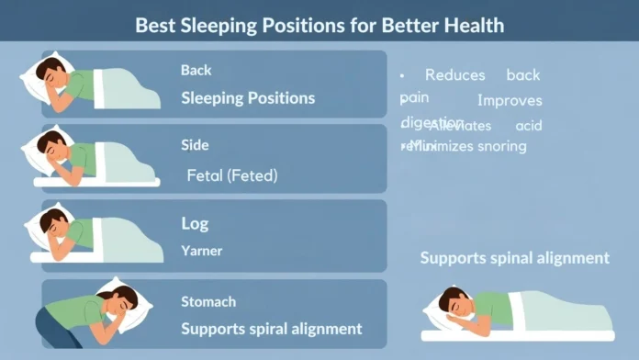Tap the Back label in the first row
click(x=196, y=70)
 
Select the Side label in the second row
click(x=195, y=145)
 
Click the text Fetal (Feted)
click(x=231, y=174)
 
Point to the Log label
click(x=195, y=223)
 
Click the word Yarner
click(x=202, y=250)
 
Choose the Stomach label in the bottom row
click(x=208, y=301)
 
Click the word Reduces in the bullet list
click(x=454, y=75)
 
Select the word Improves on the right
click(x=510, y=101)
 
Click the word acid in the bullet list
click(x=529, y=126)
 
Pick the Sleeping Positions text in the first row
click(x=248, y=98)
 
